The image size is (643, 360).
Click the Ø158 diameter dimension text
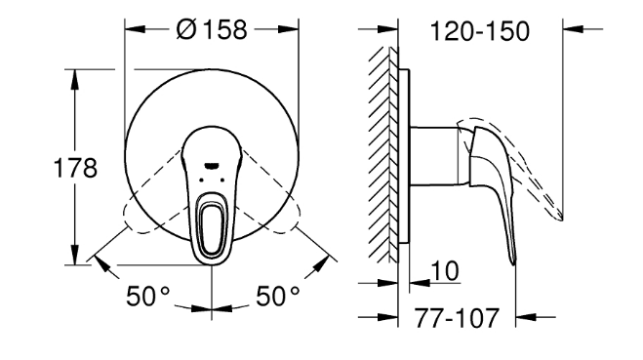pyautogui.click(x=212, y=29)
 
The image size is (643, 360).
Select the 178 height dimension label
pyautogui.click(x=75, y=168)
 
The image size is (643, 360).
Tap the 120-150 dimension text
pyautogui.click(x=479, y=31)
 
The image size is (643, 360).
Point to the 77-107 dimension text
pyautogui.click(x=457, y=318)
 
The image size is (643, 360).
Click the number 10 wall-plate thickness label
pyautogui.click(x=445, y=270)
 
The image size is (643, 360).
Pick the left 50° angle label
pyautogui.click(x=147, y=296)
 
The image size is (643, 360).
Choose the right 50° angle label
pyautogui.click(x=278, y=296)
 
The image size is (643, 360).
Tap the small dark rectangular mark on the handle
pyautogui.click(x=211, y=165)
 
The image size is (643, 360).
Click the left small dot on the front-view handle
pyautogui.click(x=201, y=180)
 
